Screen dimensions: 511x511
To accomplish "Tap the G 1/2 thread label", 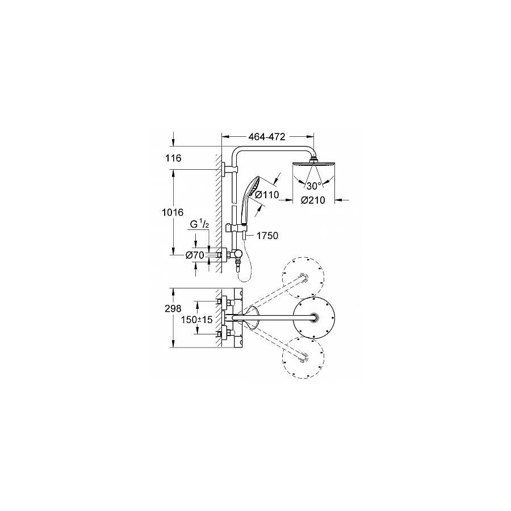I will [199, 225].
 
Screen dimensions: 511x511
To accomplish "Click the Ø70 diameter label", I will [194, 256].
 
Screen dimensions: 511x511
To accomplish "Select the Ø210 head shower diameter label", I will [312, 200].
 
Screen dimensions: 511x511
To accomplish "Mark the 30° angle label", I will [312, 186].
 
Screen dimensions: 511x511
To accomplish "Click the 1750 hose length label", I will [267, 236].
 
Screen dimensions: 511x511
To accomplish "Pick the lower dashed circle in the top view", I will [303, 357].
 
